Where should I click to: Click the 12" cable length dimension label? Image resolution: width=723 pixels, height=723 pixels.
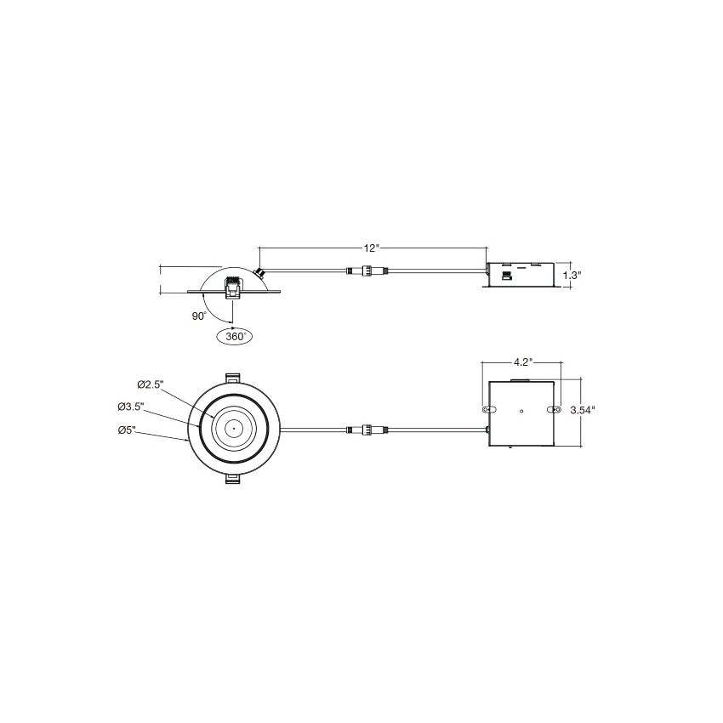pos(371,248)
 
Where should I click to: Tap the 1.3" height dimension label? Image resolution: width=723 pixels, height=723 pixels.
pos(572,276)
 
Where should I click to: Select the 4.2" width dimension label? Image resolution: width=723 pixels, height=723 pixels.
pos(523,362)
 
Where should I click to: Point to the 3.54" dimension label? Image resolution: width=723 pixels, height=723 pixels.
pos(583,410)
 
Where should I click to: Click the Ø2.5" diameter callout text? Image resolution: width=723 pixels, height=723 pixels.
pos(151,384)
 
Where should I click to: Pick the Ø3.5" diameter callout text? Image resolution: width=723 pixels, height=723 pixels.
pos(131,407)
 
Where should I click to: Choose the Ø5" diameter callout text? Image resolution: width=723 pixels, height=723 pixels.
pos(127,430)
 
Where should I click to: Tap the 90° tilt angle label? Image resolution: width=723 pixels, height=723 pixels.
pos(199,316)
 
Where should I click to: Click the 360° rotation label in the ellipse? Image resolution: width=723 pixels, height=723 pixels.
pos(235,337)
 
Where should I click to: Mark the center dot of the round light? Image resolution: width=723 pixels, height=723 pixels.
pos(233,429)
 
